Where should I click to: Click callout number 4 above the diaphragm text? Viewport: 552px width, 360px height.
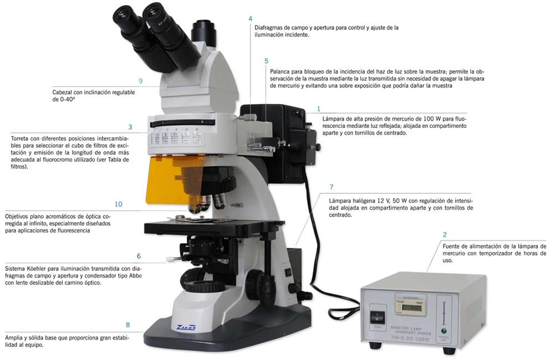tap(251, 18)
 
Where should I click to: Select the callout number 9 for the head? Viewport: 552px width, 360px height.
tap(141, 81)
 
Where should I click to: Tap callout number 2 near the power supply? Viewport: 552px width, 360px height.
tap(444, 235)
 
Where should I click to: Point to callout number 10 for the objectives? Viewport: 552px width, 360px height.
tap(118, 204)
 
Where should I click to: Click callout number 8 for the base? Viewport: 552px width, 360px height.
tap(127, 325)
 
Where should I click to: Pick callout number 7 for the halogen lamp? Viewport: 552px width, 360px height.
tap(331, 187)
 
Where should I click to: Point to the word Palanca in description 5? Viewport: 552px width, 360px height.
tap(281, 71)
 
